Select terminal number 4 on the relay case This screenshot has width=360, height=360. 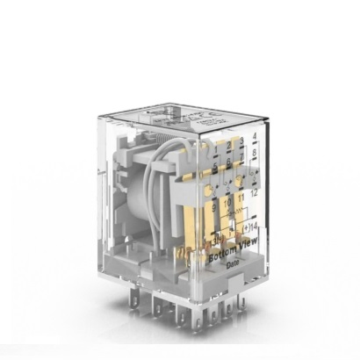[253, 137]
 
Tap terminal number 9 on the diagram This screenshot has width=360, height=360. [213, 209]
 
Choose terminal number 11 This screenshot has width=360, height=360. [240, 201]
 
